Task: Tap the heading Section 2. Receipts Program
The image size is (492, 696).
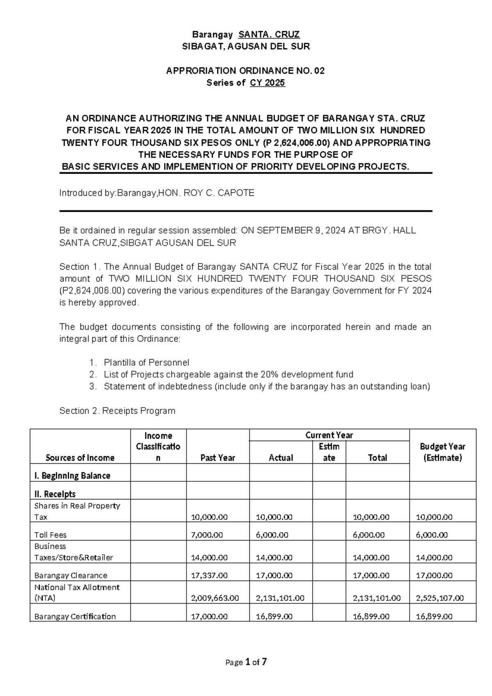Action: click(117, 411)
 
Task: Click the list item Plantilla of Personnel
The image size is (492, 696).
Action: click(146, 362)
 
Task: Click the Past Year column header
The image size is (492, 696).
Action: click(218, 458)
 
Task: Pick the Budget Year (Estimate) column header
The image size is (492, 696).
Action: click(442, 452)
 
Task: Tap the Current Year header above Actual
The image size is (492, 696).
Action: click(329, 435)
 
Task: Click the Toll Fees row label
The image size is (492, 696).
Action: click(50, 535)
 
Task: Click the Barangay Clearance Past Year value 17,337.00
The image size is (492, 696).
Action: click(210, 575)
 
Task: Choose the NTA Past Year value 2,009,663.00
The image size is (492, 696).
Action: click(215, 598)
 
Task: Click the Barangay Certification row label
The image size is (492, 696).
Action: click(75, 616)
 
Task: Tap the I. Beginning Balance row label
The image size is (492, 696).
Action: click(72, 476)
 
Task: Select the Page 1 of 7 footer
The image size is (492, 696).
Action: click(246, 662)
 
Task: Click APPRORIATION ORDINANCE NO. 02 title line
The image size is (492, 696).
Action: click(245, 71)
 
